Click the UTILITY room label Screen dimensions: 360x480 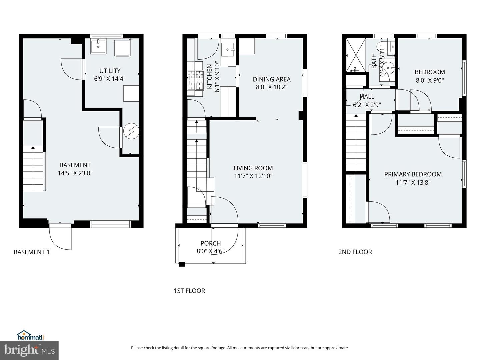pyautogui.click(x=110, y=71)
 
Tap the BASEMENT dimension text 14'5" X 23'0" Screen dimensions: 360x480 pyautogui.click(x=75, y=173)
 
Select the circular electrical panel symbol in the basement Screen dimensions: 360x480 pyautogui.click(x=131, y=131)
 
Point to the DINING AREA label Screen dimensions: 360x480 pyautogui.click(x=271, y=79)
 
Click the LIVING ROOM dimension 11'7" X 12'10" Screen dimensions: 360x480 pyautogui.click(x=253, y=176)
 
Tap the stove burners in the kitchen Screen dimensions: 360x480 pyautogui.click(x=195, y=80)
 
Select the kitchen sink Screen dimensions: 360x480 pyautogui.click(x=229, y=50)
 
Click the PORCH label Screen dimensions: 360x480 pyautogui.click(x=210, y=243)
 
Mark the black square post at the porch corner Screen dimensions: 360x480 pyautogui.click(x=182, y=264)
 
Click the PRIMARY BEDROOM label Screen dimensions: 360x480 pyautogui.click(x=413, y=174)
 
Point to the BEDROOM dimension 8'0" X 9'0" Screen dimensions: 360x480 pyautogui.click(x=430, y=80)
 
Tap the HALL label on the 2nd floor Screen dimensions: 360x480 pyautogui.click(x=367, y=96)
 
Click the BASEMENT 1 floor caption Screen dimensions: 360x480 pyautogui.click(x=31, y=252)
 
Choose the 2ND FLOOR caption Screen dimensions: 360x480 pyautogui.click(x=355, y=252)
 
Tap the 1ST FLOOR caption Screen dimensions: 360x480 pyautogui.click(x=189, y=291)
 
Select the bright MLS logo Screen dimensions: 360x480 pyautogui.click(x=29, y=350)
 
